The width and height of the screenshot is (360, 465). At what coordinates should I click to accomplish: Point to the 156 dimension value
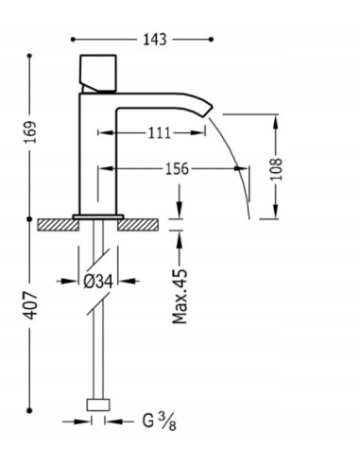(175, 169)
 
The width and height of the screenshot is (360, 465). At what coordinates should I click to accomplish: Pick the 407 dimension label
(28, 313)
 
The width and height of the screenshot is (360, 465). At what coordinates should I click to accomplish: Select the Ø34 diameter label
(97, 281)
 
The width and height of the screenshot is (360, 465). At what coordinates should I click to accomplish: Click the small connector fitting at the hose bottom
(97, 406)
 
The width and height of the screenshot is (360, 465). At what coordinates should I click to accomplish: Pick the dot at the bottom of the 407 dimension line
(29, 411)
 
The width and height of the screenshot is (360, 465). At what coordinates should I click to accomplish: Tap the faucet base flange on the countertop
(97, 216)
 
